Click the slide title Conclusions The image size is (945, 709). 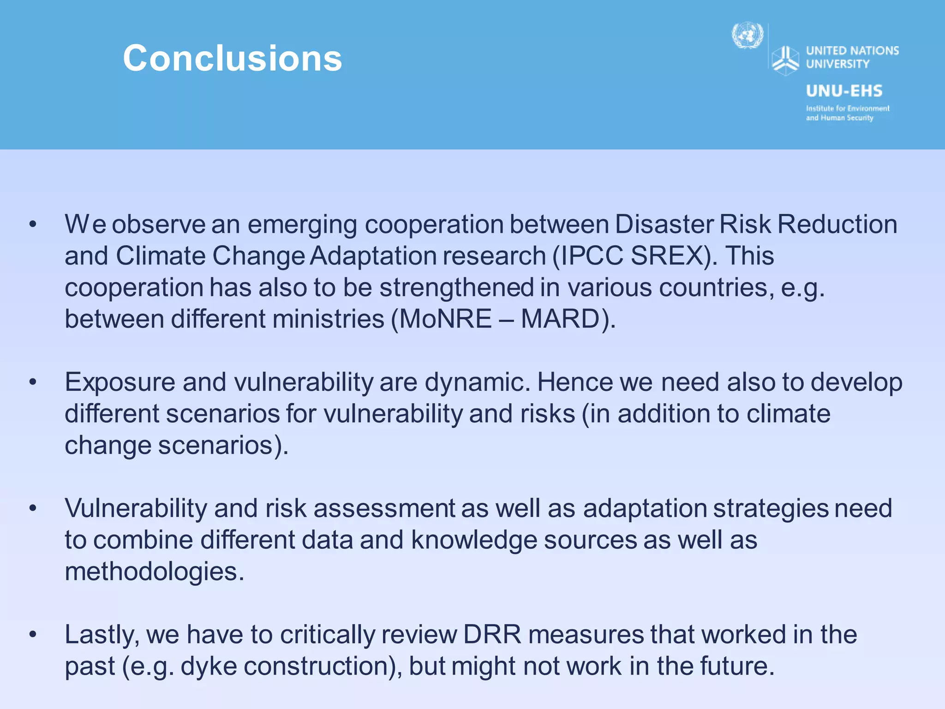click(232, 59)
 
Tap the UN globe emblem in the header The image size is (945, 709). click(748, 36)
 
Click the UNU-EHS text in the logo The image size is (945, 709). click(844, 91)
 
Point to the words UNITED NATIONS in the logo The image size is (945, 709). click(852, 50)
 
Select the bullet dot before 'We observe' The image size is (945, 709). click(32, 225)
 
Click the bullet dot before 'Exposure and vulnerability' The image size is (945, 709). click(32, 383)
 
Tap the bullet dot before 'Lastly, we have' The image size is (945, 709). click(32, 635)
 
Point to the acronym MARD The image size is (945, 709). click(560, 319)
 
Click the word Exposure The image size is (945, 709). click(120, 383)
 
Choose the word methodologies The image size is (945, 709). click(154, 572)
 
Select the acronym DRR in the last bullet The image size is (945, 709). click(492, 635)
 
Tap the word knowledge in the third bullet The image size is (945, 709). click(474, 540)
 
